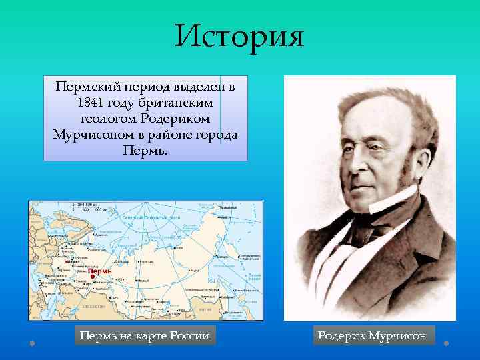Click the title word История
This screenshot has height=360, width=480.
pyautogui.click(x=239, y=36)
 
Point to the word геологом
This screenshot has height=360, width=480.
pyautogui.click(x=109, y=118)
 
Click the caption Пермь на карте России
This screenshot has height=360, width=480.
pyautogui.click(x=144, y=335)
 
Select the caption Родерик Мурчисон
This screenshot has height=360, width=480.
pyautogui.click(x=372, y=335)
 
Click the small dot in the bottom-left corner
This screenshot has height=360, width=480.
pyautogui.click(x=32, y=343)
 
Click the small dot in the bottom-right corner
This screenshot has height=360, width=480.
pyautogui.click(x=446, y=343)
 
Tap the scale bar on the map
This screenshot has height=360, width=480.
pyautogui.click(x=87, y=206)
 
